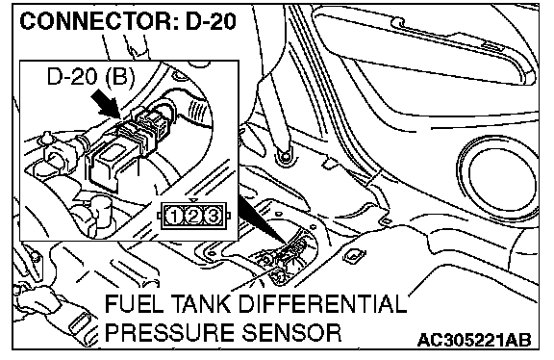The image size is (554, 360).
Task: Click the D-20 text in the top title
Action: click(211, 21)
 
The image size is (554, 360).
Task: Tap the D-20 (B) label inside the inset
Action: click(90, 77)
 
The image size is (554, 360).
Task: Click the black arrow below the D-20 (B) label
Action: click(105, 103)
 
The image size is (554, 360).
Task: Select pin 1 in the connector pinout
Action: click(174, 216)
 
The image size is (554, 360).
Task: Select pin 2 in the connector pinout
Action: click(193, 216)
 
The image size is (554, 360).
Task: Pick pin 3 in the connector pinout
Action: click(213, 216)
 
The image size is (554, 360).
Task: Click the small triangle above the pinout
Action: click(193, 200)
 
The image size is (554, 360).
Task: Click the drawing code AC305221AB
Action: click(474, 340)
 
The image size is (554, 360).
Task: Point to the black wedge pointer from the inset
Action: click(264, 220)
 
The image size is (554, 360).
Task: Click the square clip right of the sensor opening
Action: click(352, 255)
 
